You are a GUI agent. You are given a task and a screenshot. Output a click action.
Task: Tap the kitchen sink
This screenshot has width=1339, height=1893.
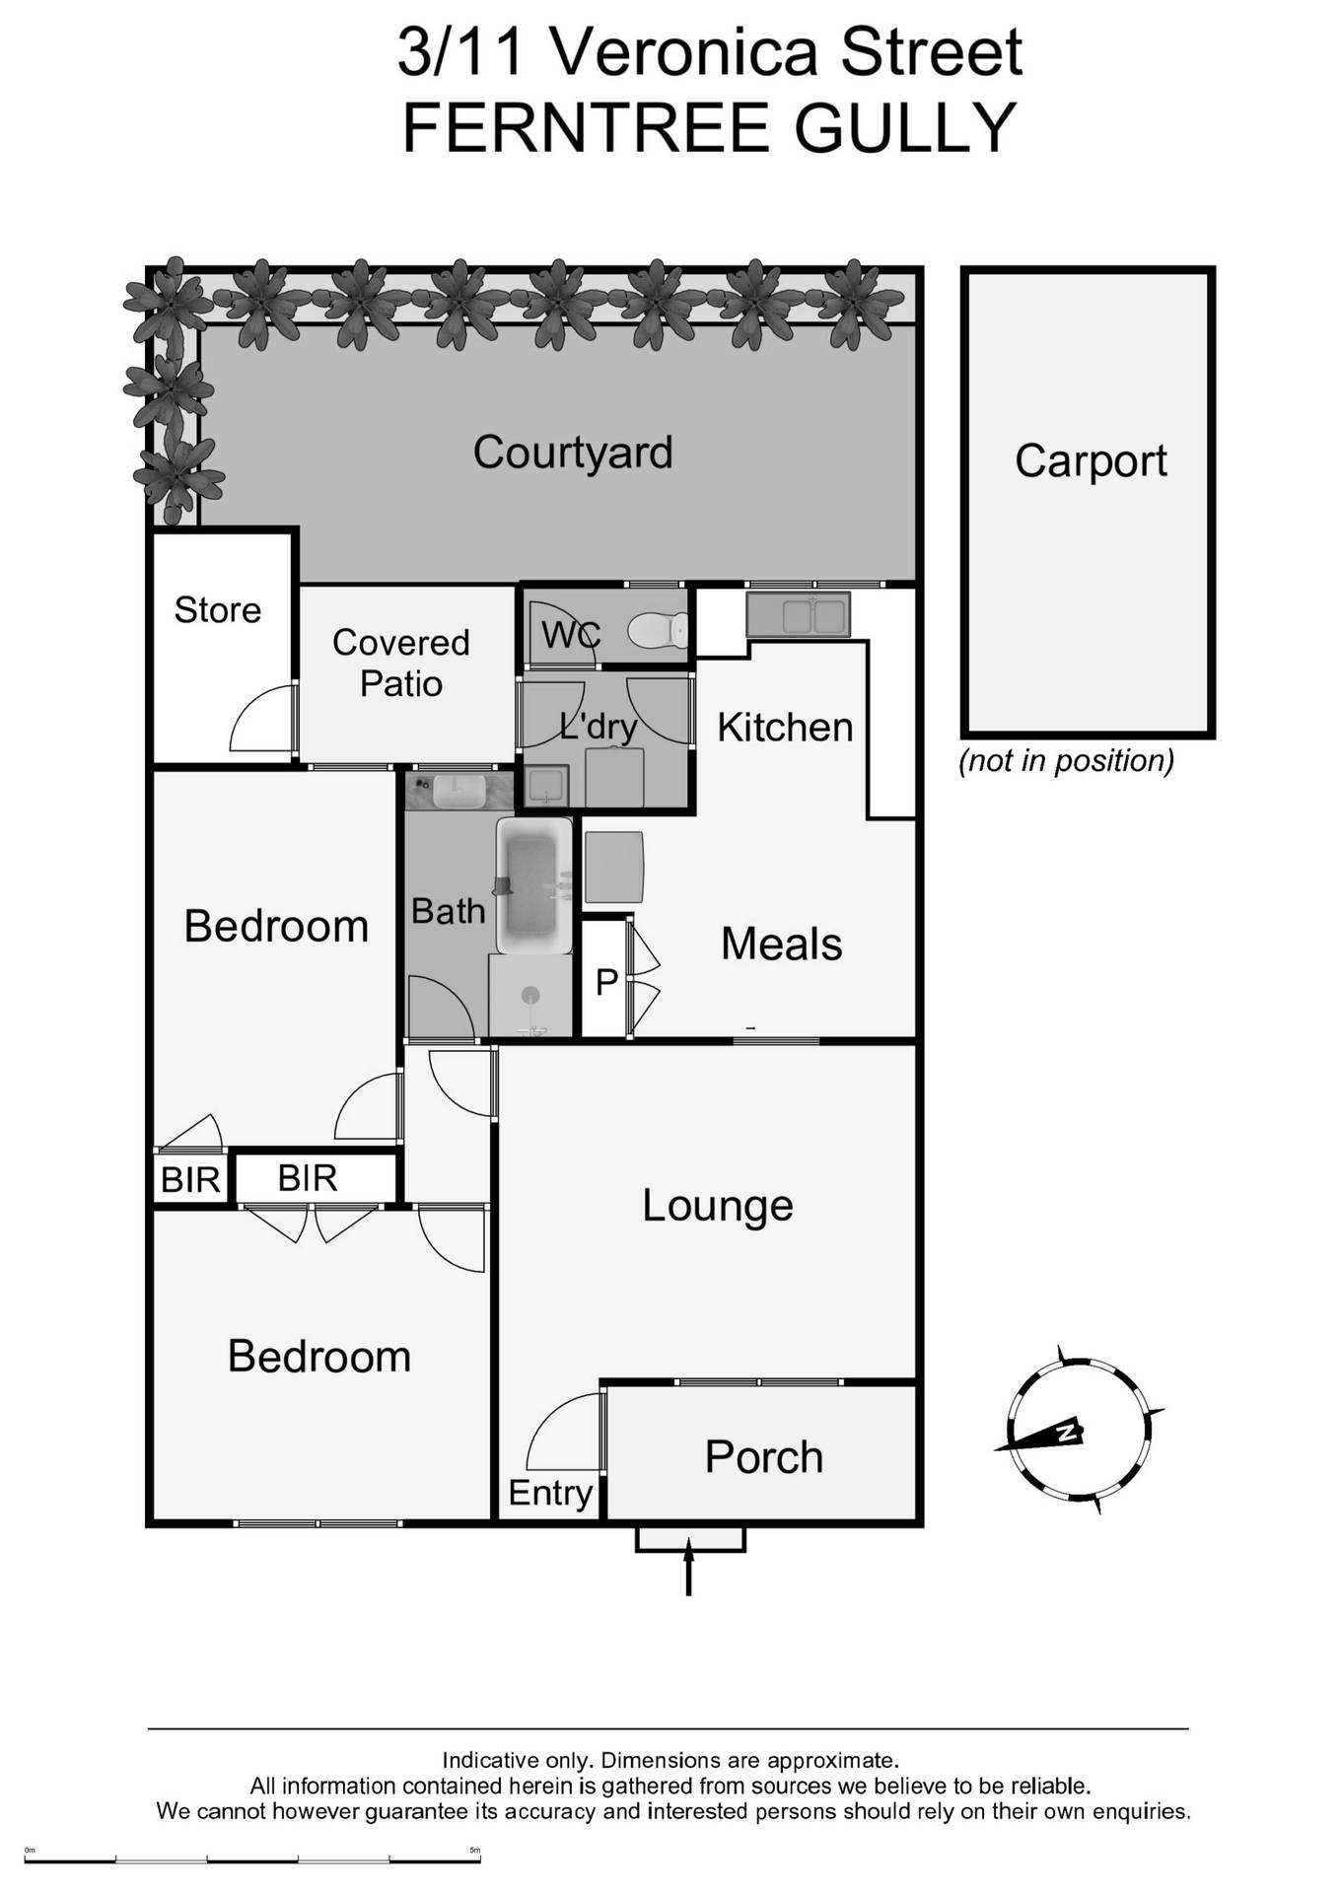(798, 615)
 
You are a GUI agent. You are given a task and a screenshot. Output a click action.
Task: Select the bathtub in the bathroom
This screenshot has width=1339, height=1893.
(533, 884)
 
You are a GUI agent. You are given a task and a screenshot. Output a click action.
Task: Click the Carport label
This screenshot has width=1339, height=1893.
(1091, 460)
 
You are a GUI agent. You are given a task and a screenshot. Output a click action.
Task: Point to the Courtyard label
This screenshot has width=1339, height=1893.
(573, 453)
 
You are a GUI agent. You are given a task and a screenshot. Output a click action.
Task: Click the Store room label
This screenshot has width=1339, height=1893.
(218, 610)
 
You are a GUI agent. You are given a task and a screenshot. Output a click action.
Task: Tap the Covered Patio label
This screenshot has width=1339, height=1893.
(400, 663)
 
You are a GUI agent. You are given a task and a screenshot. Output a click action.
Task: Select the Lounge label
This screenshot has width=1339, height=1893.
(718, 1206)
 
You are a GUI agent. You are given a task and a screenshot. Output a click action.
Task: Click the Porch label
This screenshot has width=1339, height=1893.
(763, 1457)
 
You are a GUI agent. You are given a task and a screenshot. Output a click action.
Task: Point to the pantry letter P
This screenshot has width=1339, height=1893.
(606, 982)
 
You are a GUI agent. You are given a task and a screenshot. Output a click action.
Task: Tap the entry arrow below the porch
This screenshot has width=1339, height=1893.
(688, 1569)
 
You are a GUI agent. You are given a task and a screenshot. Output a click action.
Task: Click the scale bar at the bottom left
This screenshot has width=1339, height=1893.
(252, 1859)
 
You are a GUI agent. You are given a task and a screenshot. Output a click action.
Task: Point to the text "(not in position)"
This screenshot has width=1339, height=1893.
(1066, 761)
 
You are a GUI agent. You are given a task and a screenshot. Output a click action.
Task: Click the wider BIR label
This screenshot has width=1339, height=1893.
(308, 1178)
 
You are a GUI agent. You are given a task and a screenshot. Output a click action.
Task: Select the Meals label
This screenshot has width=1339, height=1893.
(781, 945)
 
